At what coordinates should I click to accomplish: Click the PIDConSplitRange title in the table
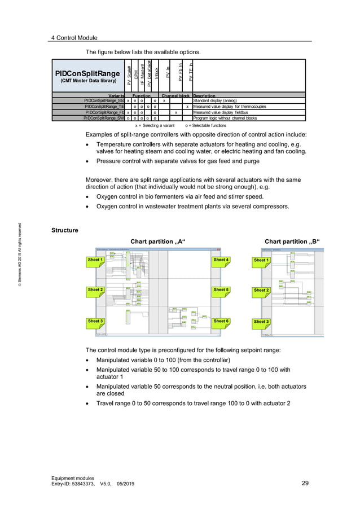(87, 73)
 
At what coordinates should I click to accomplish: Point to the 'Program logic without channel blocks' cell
(225, 119)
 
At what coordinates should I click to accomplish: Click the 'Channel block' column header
(176, 95)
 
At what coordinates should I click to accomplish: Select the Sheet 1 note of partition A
(95, 260)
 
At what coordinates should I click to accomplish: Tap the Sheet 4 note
(221, 260)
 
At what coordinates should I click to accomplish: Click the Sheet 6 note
(221, 321)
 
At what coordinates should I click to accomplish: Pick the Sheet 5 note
(221, 290)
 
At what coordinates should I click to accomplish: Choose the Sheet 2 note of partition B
(261, 291)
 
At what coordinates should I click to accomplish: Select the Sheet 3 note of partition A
(95, 321)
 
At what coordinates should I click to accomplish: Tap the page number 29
(305, 483)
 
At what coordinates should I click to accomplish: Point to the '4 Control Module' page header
(74, 38)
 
